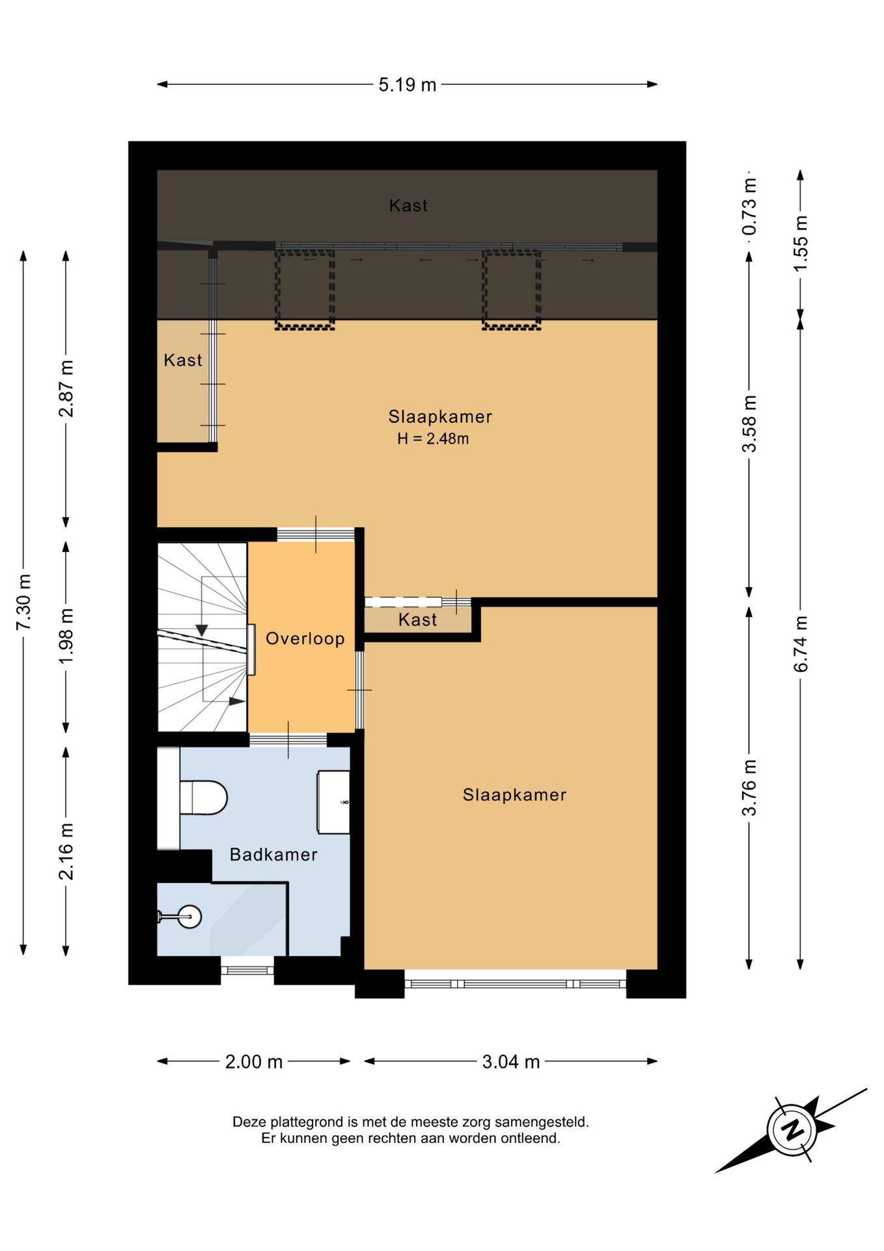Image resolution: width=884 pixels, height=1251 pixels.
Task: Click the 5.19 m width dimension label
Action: [407, 85]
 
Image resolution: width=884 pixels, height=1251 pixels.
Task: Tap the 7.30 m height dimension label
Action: [23, 602]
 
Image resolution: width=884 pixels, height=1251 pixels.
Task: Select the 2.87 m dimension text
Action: [66, 388]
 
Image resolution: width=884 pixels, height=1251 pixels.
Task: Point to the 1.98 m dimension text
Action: [66, 636]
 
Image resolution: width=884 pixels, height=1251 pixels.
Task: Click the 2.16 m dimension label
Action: [66, 851]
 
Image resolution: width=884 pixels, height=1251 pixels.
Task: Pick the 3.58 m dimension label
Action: [749, 424]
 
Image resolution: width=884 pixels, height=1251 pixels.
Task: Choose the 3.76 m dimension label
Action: [749, 787]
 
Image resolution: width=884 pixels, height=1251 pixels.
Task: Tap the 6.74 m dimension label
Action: [801, 644]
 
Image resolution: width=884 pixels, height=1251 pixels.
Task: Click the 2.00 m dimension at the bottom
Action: [254, 1062]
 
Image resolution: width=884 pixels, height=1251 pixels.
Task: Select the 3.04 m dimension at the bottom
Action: [511, 1062]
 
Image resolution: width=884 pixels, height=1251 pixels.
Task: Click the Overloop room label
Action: [305, 639]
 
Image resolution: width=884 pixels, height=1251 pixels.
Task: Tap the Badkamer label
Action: [273, 855]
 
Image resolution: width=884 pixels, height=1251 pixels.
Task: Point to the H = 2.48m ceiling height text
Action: [433, 439]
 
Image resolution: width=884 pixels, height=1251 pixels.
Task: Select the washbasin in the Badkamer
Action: [333, 802]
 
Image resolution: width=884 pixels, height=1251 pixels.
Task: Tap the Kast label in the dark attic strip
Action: [408, 206]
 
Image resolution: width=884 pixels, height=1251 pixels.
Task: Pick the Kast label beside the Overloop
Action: [417, 620]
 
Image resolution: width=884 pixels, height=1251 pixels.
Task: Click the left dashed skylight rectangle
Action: [305, 289]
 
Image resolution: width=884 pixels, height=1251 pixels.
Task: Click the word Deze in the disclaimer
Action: [249, 1122]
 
